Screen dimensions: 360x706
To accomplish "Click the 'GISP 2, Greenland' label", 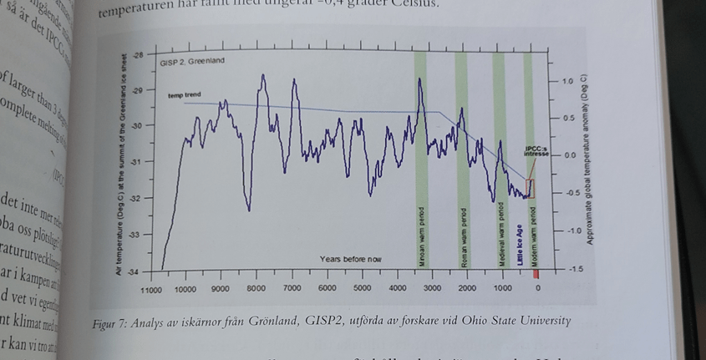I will tap(193, 61).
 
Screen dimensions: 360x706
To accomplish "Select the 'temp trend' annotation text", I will tap(185, 95).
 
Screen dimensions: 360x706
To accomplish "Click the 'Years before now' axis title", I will tap(350, 259).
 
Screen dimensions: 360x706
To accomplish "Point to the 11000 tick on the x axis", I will tap(150, 290).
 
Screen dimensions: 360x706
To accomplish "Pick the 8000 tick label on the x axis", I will tap(256, 288).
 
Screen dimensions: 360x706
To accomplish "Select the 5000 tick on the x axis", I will tap(362, 288).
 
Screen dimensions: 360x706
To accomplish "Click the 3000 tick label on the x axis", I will tap(432, 288).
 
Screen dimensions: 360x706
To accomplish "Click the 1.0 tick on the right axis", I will tap(567, 82).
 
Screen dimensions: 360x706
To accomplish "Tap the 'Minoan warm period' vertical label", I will tap(422, 237).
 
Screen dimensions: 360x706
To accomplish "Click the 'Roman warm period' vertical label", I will tap(462, 237).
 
